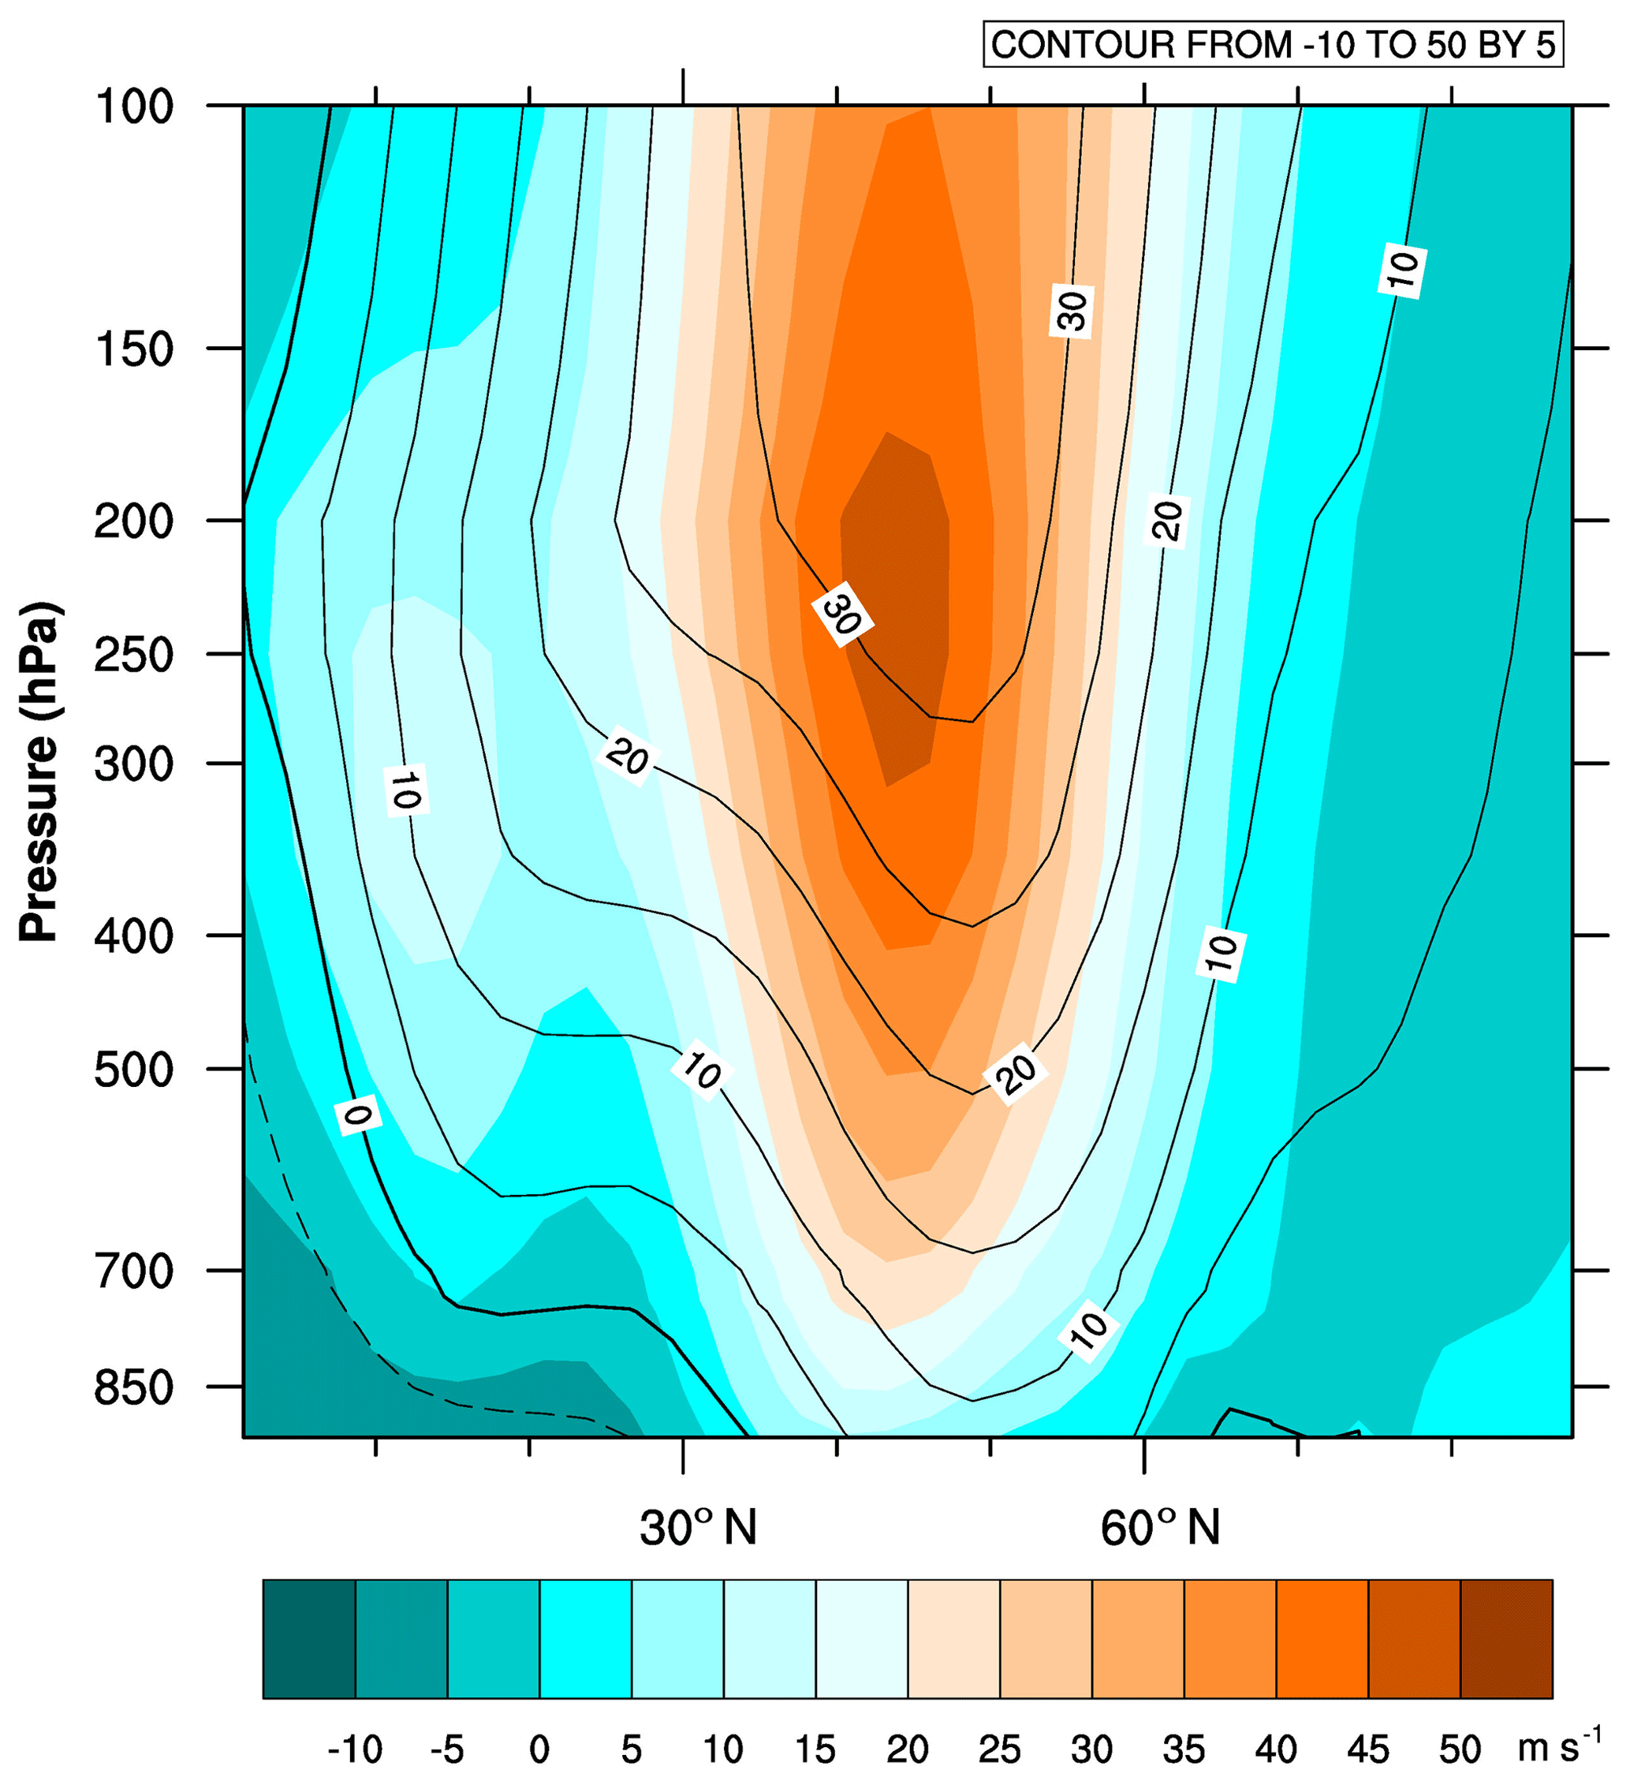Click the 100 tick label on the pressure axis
(x=134, y=108)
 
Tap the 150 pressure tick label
(x=134, y=351)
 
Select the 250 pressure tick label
(x=134, y=656)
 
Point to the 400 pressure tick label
(x=134, y=937)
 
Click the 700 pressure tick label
(x=134, y=1272)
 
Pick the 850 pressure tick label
(x=134, y=1388)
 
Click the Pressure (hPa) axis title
(x=40, y=771)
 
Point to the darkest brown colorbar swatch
(x=1505, y=1639)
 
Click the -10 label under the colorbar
(x=355, y=1749)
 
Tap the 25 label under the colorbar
(x=1000, y=1749)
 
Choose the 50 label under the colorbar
(x=1459, y=1749)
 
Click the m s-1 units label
(x=1559, y=1747)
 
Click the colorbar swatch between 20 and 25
(x=953, y=1639)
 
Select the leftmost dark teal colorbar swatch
(x=309, y=1639)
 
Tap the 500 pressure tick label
(x=134, y=1071)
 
